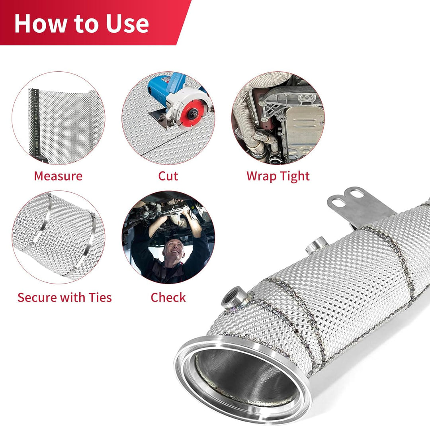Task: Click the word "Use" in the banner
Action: (127, 24)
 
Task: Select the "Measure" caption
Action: (58, 176)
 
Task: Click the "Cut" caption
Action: (168, 176)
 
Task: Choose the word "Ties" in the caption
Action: (100, 298)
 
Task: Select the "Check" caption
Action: (168, 298)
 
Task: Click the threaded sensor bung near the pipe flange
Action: (235, 298)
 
